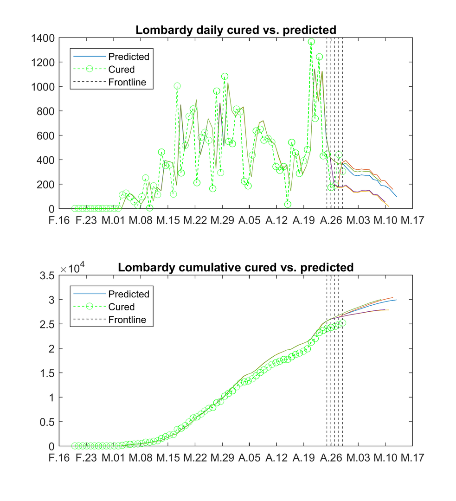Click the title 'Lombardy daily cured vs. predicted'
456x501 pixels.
235,30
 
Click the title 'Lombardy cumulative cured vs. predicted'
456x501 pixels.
235,268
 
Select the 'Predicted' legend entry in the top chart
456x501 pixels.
128,57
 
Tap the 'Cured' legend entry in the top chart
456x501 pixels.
121,70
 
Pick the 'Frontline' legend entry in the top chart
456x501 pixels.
127,83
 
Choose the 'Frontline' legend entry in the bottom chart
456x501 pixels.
127,320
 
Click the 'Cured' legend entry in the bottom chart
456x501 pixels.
121,307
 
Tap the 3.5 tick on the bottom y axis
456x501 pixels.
48,276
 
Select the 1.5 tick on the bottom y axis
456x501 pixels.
48,373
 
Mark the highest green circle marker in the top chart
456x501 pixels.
311,42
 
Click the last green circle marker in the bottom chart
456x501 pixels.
342,323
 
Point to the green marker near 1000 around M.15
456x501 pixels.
177,86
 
